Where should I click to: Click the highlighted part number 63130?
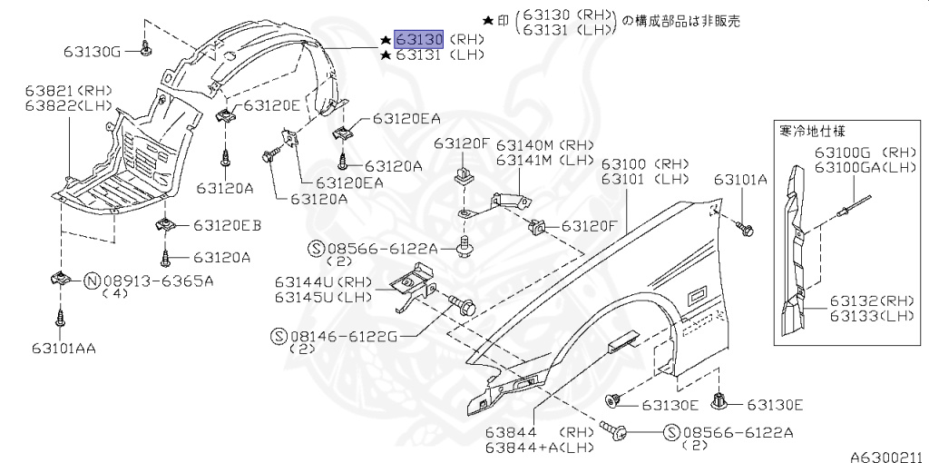418,39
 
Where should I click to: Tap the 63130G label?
93,51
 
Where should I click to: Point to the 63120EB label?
226,225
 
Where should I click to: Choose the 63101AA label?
64,347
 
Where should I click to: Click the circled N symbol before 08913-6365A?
93,281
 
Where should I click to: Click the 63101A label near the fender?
740,180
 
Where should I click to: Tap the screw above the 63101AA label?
60,317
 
